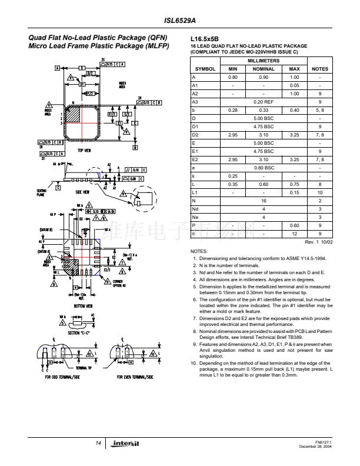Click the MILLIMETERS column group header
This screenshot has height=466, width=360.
coord(264,61)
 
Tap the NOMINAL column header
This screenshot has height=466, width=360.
coord(264,69)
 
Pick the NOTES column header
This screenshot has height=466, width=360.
coord(319,69)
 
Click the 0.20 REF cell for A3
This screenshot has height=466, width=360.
coord(264,101)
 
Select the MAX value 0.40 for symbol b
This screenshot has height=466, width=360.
coord(295,109)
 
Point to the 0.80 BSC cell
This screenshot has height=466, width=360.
coord(264,167)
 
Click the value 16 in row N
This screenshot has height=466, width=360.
coord(264,200)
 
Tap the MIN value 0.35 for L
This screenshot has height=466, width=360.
coord(232,184)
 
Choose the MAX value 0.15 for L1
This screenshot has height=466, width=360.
coord(295,192)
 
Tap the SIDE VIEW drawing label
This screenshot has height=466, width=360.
coord(82,192)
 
